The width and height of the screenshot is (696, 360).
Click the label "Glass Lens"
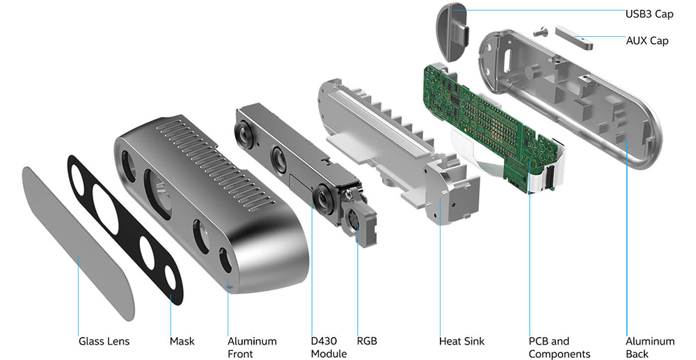point(104,341)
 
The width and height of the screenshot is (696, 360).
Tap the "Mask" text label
point(182,341)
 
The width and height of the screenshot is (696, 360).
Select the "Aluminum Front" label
point(252,347)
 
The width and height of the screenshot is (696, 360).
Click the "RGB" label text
point(367,341)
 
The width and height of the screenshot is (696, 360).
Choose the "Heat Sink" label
point(461,341)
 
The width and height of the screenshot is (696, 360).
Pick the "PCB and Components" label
point(559,347)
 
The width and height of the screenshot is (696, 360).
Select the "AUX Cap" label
point(647,41)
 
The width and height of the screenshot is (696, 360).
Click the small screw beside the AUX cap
point(541,31)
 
